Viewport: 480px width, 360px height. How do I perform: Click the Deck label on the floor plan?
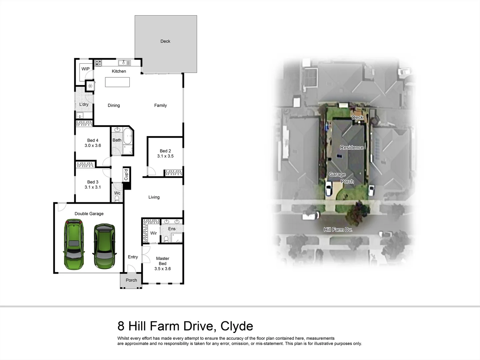point(165,41)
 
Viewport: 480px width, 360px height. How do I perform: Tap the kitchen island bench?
point(117,82)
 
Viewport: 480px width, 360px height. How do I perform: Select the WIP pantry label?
point(85,69)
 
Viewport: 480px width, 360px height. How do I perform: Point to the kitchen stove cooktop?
point(98,62)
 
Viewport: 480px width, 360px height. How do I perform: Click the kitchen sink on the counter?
point(124,63)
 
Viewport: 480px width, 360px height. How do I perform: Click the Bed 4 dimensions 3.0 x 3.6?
point(93,146)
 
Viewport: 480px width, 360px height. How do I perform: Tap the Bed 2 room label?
point(165,151)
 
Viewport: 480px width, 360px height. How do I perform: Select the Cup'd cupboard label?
point(126,175)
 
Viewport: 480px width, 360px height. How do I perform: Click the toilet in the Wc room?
point(117,199)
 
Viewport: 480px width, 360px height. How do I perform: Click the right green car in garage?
point(104,246)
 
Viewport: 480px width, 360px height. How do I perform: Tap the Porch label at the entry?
point(131,280)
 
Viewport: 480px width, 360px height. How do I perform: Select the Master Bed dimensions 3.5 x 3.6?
point(163,269)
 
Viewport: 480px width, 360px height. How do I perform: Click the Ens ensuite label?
point(172,229)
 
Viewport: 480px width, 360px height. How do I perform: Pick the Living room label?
point(154,197)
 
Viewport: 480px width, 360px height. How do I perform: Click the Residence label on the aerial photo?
point(352,148)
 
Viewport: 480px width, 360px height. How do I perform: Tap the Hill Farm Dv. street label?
point(338,230)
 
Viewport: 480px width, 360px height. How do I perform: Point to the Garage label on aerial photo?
point(337,175)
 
